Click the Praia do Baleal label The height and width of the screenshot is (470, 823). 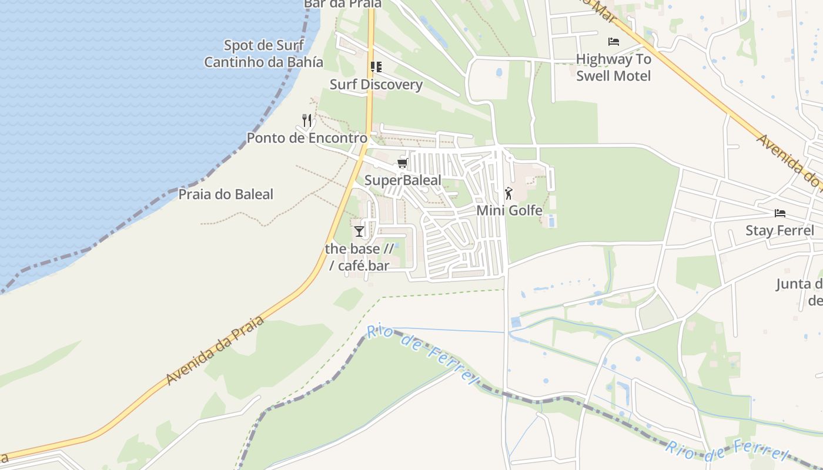point(226,194)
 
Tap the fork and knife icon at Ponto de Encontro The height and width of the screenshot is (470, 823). point(306,120)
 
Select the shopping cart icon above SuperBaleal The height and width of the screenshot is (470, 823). point(403,163)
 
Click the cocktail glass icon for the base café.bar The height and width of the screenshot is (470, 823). point(359,231)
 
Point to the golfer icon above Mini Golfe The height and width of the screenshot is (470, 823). point(508,193)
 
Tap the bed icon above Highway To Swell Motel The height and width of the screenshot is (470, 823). point(614,42)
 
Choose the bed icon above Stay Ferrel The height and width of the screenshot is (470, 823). point(780,213)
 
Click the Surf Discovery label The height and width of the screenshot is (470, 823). point(376,85)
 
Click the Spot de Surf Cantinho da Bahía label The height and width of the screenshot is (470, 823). point(263,53)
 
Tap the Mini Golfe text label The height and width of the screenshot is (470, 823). point(509,210)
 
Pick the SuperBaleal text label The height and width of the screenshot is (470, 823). point(403,180)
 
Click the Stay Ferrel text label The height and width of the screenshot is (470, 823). point(779,230)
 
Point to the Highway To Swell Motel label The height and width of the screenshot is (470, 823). point(614,68)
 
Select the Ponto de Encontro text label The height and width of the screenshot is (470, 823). point(307,138)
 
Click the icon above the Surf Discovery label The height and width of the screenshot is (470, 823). point(376,67)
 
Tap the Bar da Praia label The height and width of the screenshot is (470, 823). point(343,4)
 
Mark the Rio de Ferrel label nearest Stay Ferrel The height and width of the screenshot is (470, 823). point(727,451)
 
